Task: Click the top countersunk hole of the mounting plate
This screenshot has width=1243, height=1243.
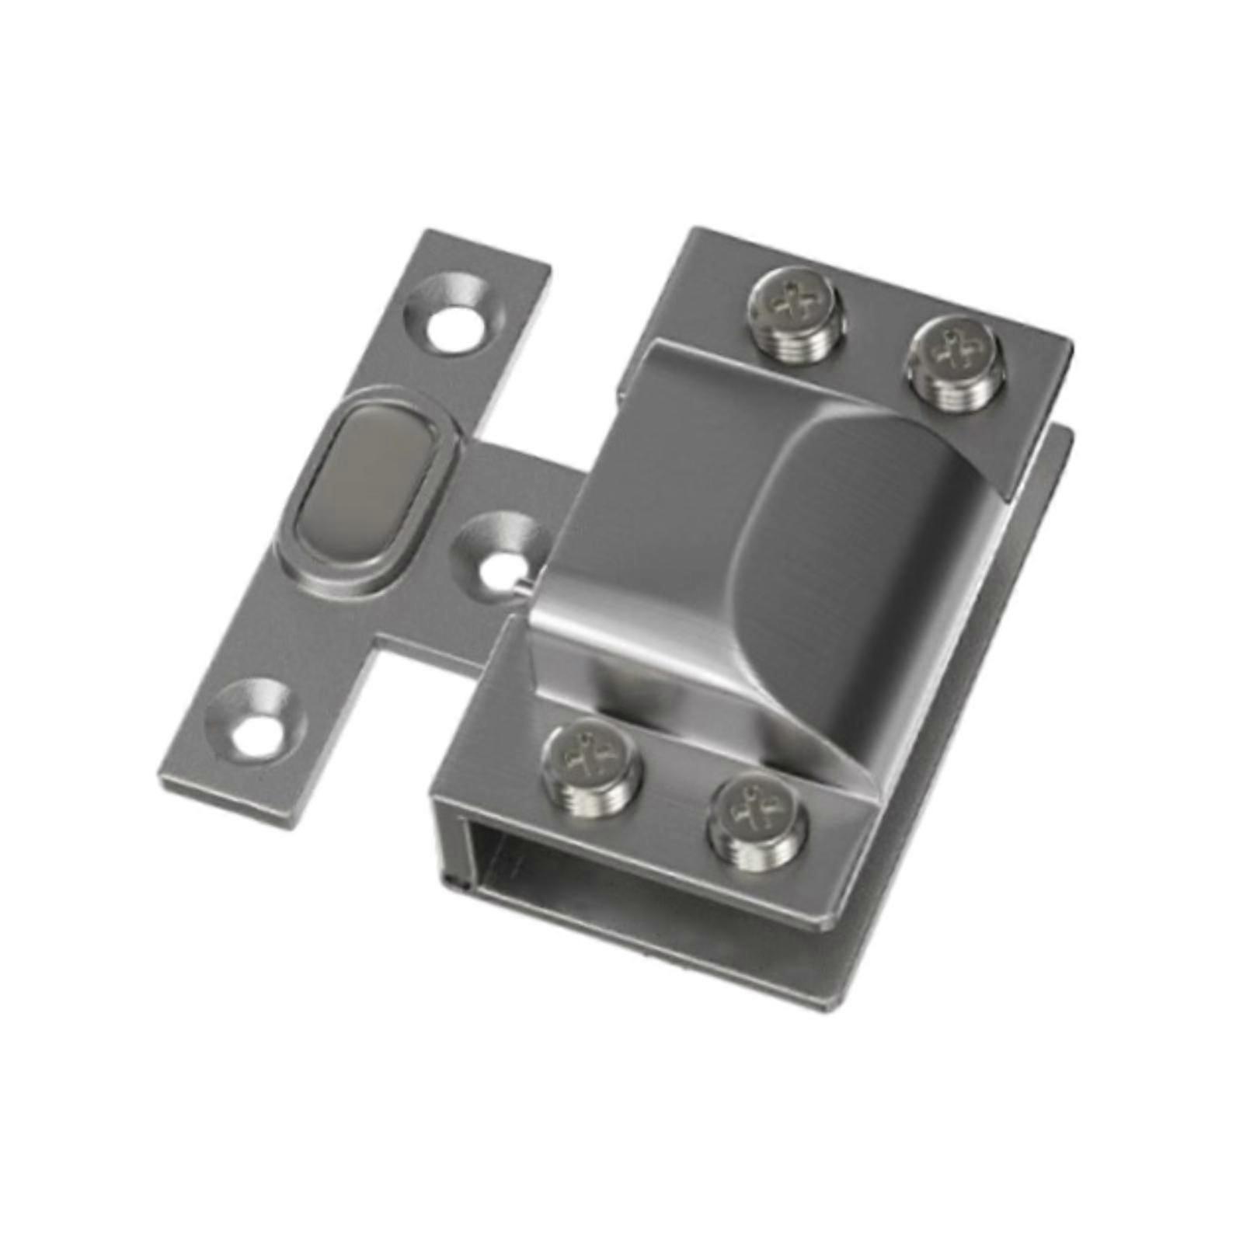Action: tap(449, 319)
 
